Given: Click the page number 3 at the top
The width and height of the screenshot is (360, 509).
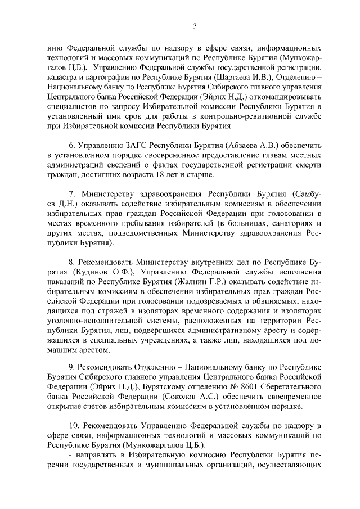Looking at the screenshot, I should point(194,25).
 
